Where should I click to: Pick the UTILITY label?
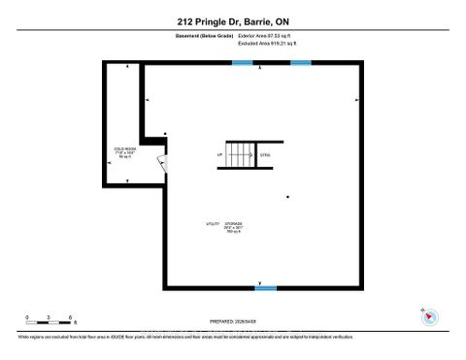(212, 223)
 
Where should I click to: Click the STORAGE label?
(233, 223)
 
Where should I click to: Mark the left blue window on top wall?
(242, 63)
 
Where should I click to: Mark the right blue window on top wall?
(301, 63)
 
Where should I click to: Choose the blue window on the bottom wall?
(265, 287)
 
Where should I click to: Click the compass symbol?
(428, 316)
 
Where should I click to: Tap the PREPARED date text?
(232, 320)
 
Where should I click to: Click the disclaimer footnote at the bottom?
(184, 337)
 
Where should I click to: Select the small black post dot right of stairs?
(288, 197)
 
